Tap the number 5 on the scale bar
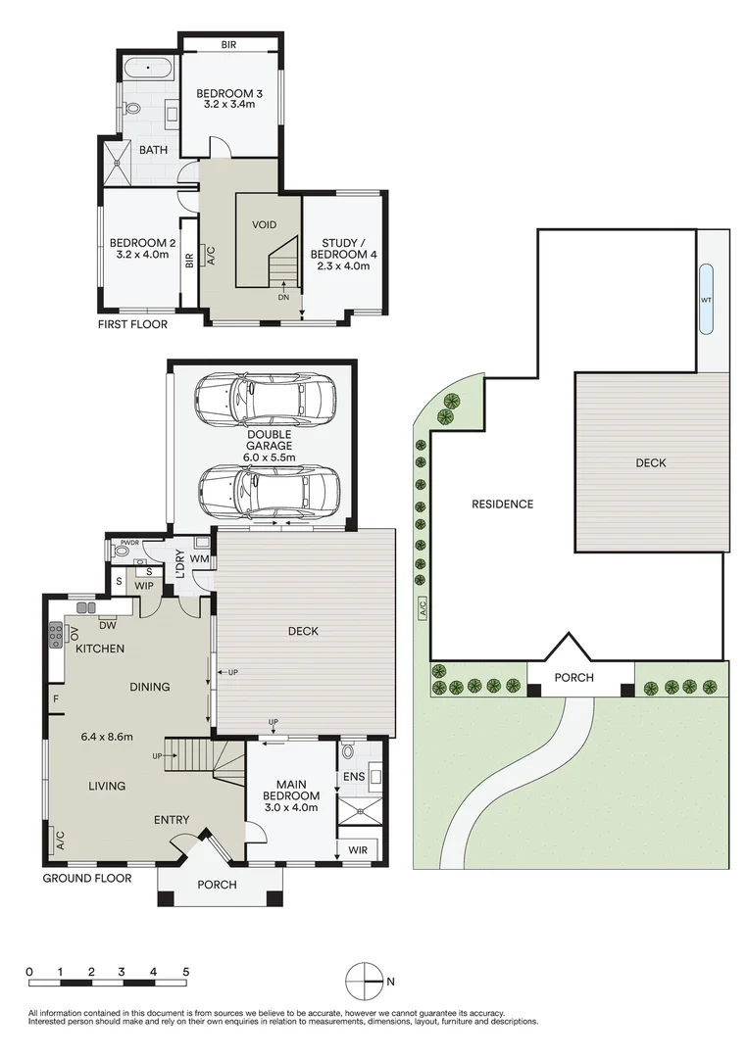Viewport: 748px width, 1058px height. (x=185, y=972)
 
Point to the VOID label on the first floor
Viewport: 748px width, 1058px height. (x=264, y=224)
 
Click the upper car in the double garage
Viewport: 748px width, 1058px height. (x=265, y=400)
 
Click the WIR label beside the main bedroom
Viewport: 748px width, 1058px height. (x=358, y=850)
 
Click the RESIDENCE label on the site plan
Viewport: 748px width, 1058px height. (x=502, y=505)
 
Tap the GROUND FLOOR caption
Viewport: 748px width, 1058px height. (x=86, y=879)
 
